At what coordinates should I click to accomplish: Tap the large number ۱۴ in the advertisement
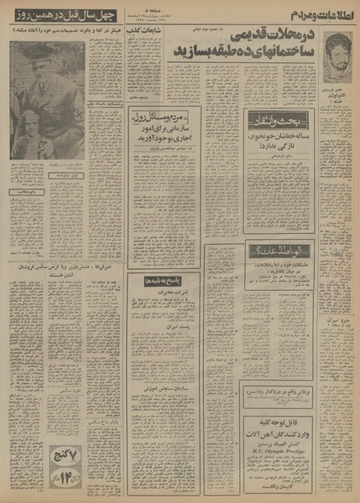(184, 482)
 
